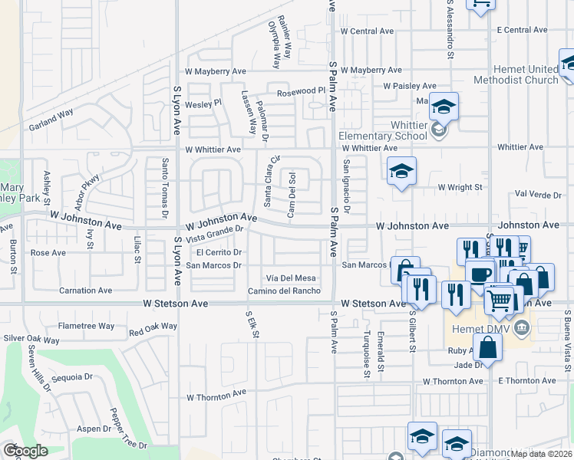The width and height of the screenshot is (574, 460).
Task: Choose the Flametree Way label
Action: [86, 326]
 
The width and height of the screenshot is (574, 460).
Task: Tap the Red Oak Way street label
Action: [153, 330]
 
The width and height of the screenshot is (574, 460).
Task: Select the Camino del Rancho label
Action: [284, 291]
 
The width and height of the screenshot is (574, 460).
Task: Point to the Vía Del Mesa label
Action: [291, 278]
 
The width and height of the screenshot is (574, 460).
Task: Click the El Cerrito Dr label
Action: [219, 252]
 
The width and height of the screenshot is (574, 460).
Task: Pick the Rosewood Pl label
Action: [302, 90]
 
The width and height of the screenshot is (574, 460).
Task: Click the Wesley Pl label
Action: [203, 102]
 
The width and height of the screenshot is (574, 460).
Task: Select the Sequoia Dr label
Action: [73, 377]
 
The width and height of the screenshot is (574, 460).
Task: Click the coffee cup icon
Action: [480, 274]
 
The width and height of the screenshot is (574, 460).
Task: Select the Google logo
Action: [25, 451]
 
